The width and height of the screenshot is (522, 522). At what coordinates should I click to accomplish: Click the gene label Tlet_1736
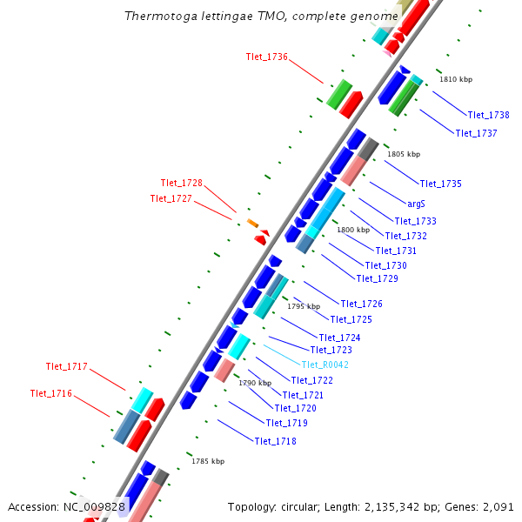pyautogui.click(x=267, y=57)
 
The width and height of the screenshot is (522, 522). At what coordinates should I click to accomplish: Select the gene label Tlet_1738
pyautogui.click(x=488, y=115)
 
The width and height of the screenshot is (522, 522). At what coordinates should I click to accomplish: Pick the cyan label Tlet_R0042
pyautogui.click(x=325, y=365)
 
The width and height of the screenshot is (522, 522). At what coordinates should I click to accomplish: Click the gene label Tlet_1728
pyautogui.click(x=181, y=183)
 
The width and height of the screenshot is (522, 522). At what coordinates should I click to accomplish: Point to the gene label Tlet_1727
pyautogui.click(x=171, y=198)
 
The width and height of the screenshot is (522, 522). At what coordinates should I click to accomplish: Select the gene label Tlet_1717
pyautogui.click(x=66, y=366)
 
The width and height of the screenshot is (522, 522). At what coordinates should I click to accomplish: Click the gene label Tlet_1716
pyautogui.click(x=50, y=393)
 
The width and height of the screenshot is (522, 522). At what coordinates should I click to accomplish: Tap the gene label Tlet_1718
pyautogui.click(x=275, y=441)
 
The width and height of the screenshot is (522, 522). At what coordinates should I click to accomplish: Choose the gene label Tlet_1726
pyautogui.click(x=361, y=304)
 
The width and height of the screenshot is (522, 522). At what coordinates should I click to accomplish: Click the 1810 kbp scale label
pyautogui.click(x=456, y=79)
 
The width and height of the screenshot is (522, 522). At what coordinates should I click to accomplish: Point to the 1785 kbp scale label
pyautogui.click(x=208, y=461)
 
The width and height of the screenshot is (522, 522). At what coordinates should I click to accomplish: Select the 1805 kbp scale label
pyautogui.click(x=404, y=154)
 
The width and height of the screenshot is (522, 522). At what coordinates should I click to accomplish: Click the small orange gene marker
pyautogui.click(x=252, y=224)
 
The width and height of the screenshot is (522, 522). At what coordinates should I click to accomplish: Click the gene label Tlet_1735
pyautogui.click(x=440, y=184)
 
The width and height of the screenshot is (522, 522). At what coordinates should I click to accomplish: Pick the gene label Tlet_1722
pyautogui.click(x=312, y=380)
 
